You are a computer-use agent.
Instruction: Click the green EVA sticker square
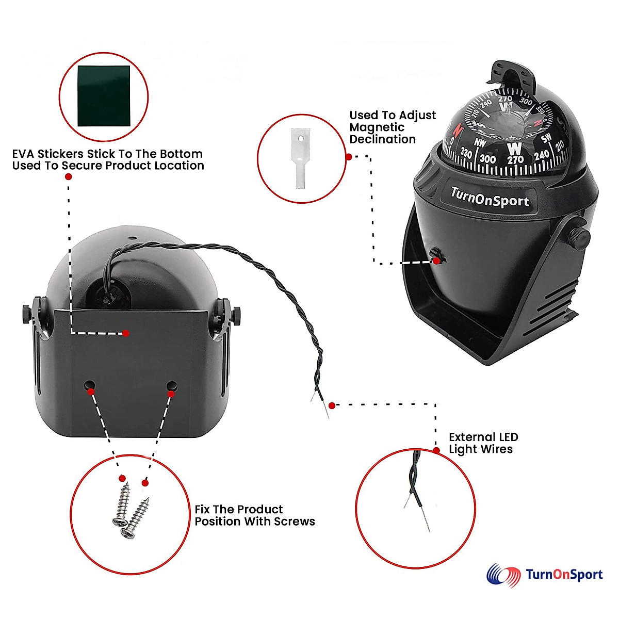click(x=103, y=96)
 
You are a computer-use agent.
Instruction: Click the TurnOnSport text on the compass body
click(x=490, y=198)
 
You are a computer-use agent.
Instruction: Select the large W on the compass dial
click(x=515, y=150)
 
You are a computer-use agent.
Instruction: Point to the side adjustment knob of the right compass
click(x=579, y=237)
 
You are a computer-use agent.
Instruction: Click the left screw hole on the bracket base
click(x=90, y=385)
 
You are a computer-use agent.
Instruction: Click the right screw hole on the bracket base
click(x=172, y=386)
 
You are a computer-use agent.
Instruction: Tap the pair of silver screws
click(x=130, y=511)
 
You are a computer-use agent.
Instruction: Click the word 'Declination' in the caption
click(x=382, y=139)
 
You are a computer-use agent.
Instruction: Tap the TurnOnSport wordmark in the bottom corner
click(x=564, y=575)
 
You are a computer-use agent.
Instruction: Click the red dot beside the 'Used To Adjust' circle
click(x=349, y=156)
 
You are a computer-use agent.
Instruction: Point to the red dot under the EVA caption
click(x=69, y=176)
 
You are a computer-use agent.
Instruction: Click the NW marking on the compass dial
click(x=480, y=143)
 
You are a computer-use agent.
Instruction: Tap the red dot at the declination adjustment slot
click(x=436, y=261)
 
